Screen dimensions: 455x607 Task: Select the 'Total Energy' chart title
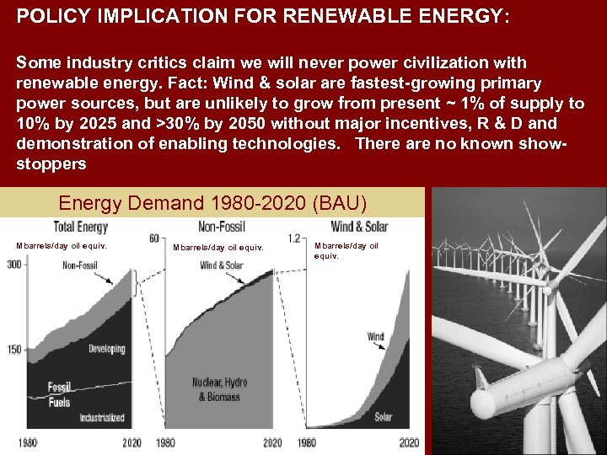click(80, 226)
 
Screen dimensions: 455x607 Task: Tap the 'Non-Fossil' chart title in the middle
click(222, 226)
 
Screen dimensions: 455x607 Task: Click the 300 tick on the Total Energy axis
click(14, 265)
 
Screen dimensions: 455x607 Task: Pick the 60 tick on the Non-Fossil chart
click(154, 238)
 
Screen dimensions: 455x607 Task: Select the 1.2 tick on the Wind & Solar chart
click(294, 238)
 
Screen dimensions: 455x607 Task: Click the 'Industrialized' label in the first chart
click(102, 417)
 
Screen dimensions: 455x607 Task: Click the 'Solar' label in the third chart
click(384, 416)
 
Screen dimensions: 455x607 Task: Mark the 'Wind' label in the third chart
click(375, 337)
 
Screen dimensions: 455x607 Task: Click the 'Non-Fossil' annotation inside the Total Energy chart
click(80, 266)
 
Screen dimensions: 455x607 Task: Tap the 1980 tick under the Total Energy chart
click(27, 443)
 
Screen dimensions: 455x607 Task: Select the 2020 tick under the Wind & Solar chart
click(409, 443)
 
